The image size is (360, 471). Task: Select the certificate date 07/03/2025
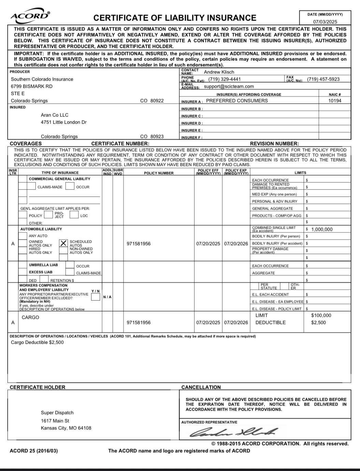pos(325,22)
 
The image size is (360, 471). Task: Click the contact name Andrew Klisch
pos(219,72)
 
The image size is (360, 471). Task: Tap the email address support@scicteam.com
pos(229,86)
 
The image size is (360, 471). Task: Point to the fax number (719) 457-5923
pos(323,79)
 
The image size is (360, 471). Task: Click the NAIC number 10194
pos(335,101)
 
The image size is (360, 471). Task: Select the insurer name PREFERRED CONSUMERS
pos(237,101)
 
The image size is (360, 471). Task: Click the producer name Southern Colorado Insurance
pos(42,79)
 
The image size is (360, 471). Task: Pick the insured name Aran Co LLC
pos(55,115)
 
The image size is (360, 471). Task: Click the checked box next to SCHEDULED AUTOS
pos(63,243)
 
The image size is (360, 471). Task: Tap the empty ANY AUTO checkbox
pos(23,236)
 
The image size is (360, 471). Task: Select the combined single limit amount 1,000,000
pos(322,229)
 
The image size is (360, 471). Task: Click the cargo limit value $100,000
pos(321,315)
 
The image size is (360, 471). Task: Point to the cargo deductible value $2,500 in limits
pos(318,323)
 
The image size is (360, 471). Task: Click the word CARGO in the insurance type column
pos(30,317)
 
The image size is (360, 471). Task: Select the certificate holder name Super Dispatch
pos(57,413)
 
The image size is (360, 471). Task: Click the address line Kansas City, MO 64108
pos(66,428)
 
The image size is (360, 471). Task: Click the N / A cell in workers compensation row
pos(107,297)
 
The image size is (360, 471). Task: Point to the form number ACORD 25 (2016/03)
pos(34,451)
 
